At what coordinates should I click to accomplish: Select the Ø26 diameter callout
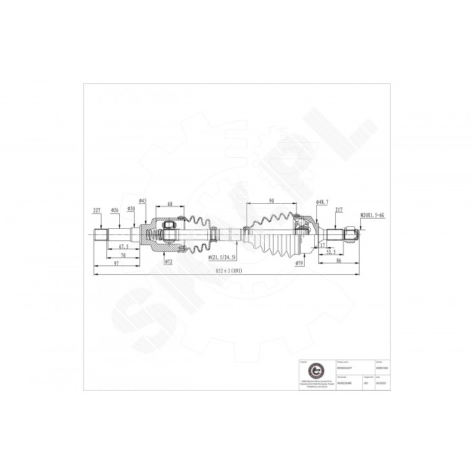[115, 211]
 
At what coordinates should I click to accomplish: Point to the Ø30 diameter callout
[131, 209]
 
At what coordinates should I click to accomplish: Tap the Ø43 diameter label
[142, 201]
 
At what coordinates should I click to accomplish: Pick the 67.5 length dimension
[123, 247]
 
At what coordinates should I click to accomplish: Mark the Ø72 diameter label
[168, 260]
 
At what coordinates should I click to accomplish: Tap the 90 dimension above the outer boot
[271, 201]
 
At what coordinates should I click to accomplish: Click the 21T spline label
[339, 211]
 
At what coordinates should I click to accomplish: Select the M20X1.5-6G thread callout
[372, 215]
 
